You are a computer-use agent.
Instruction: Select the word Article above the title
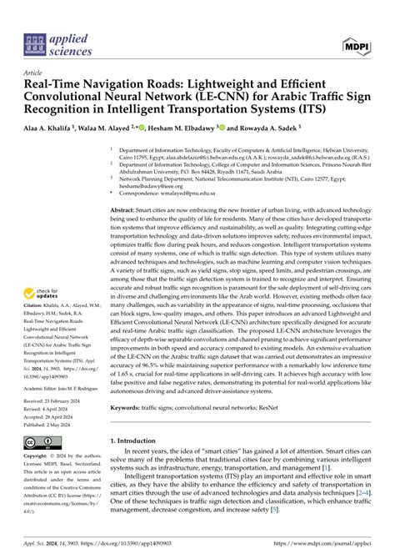(x=35, y=73)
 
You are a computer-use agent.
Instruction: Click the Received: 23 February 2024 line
(x=59, y=401)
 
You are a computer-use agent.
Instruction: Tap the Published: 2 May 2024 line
(x=56, y=425)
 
